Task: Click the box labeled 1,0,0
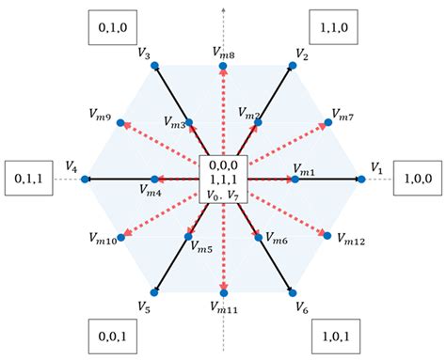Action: pos(416,176)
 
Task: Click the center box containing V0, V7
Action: pos(223,179)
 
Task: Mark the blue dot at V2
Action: pos(291,65)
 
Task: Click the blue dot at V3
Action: pos(156,65)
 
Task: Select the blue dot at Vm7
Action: pos(328,121)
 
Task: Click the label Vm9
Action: pos(102,121)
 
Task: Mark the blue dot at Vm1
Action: pos(295,178)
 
